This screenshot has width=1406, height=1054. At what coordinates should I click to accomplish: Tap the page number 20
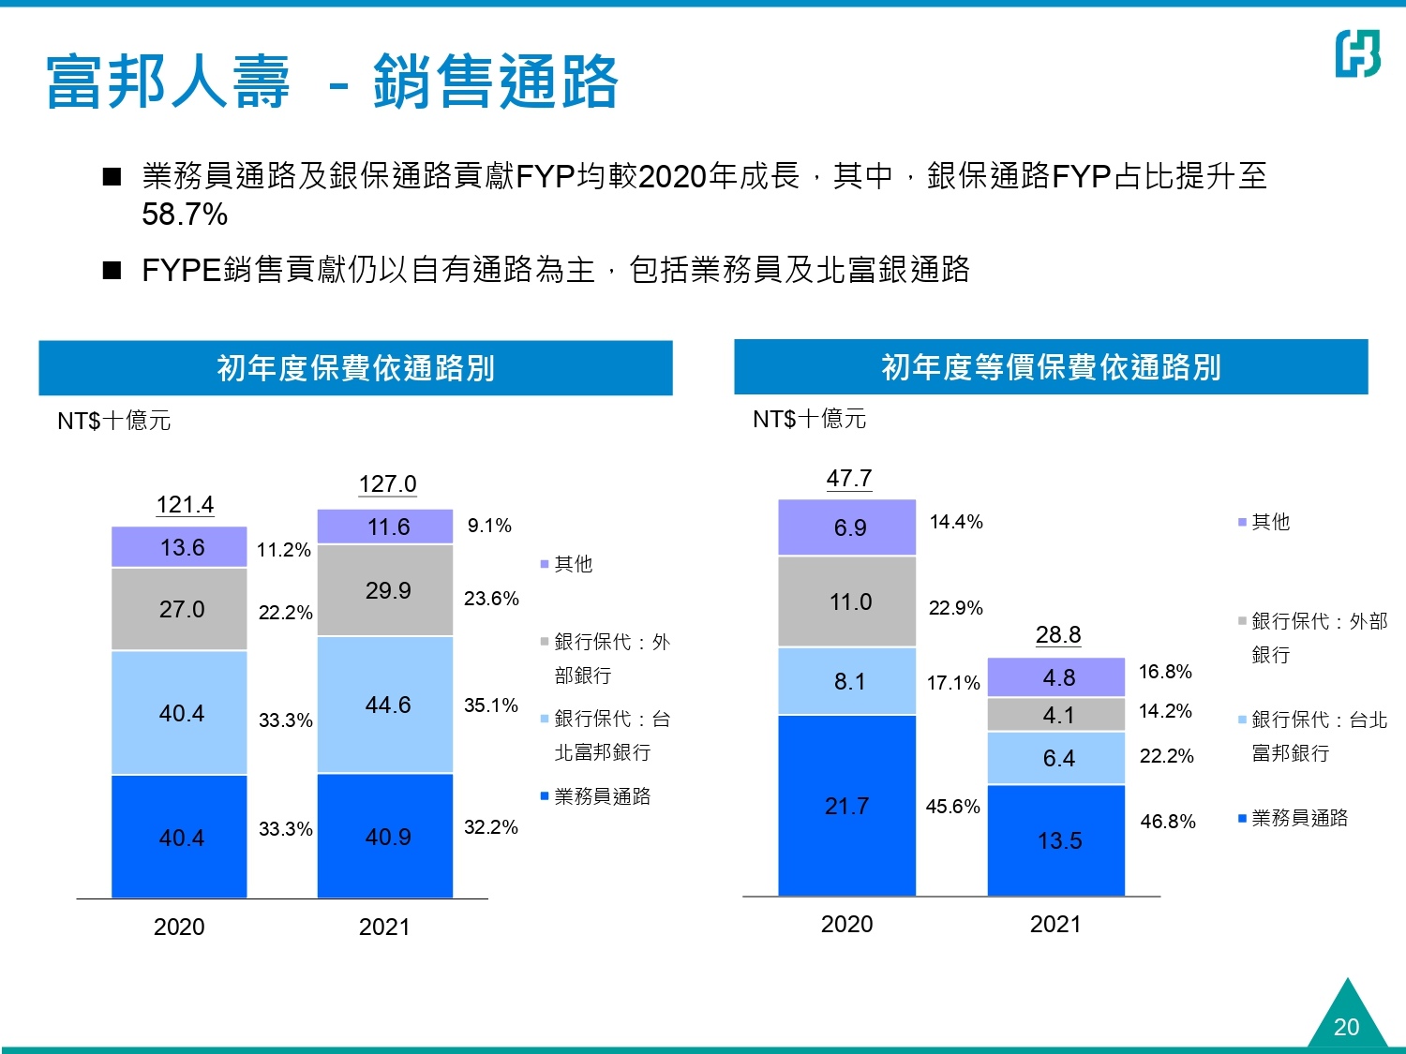click(1346, 1027)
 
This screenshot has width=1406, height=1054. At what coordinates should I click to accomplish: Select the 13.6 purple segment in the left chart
click(179, 547)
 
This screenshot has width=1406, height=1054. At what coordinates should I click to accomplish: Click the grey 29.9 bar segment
click(385, 590)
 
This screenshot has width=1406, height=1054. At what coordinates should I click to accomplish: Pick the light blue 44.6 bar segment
click(385, 705)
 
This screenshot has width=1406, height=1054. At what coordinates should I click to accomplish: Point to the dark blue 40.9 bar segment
click(385, 836)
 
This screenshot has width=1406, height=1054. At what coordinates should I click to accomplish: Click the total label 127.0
click(387, 484)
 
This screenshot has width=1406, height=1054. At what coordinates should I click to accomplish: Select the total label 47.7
click(848, 479)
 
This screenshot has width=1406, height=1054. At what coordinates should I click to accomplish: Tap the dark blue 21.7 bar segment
click(846, 806)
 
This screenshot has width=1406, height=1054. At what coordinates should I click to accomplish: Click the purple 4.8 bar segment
click(1056, 677)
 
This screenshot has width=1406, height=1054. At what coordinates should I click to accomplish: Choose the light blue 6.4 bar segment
click(1056, 758)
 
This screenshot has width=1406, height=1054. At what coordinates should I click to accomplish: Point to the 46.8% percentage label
click(1168, 822)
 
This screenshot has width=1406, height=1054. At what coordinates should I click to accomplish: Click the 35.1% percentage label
click(491, 705)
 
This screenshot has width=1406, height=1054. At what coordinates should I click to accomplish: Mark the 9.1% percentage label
click(489, 526)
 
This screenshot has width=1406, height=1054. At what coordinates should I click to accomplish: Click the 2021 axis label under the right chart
click(1055, 925)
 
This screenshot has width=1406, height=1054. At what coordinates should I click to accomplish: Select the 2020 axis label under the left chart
click(179, 928)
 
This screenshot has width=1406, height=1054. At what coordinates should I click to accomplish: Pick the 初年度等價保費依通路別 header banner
click(1051, 367)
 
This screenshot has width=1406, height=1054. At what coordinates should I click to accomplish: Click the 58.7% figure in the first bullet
click(185, 215)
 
